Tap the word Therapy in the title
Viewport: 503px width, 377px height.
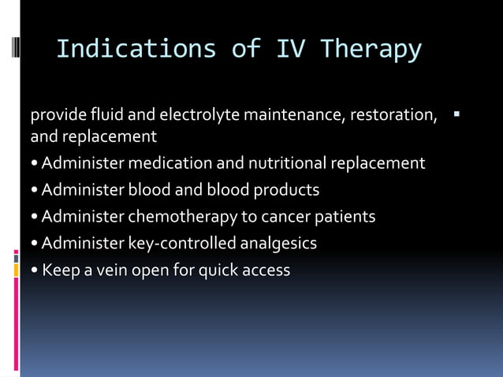pos(371,49)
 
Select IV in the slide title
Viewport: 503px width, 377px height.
pos(293,49)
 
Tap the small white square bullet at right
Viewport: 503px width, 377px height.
pos(456,116)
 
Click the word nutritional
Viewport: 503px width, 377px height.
pos(289,163)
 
